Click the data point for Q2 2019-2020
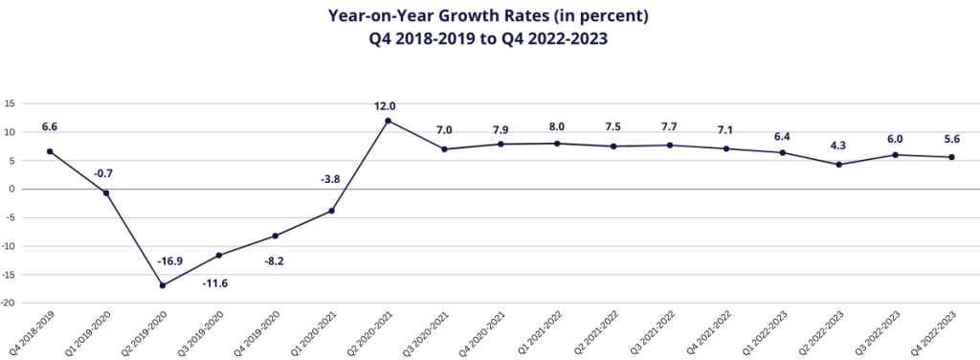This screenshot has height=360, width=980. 163,285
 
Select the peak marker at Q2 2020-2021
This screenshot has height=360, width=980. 389,121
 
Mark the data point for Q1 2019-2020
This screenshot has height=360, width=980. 106,192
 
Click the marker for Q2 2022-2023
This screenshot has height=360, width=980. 839,165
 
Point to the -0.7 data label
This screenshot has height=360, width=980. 103,173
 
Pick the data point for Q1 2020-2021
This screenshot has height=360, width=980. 331,211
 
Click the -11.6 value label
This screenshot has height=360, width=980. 215,283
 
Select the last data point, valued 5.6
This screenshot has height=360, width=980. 952,157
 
